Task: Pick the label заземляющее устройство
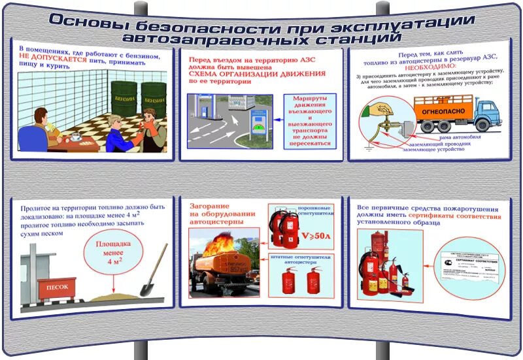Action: [433, 150]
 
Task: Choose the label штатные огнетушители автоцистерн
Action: [303, 259]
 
